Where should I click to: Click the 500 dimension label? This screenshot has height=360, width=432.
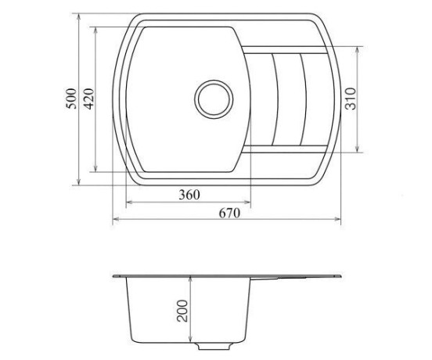tap(71, 99)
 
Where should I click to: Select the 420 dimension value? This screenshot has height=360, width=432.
tap(88, 99)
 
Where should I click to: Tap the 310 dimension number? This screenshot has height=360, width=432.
tap(351, 99)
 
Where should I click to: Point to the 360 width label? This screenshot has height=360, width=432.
tap(189, 195)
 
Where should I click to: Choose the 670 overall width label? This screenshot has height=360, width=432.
tap(230, 213)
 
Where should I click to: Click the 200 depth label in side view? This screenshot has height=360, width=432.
tap(182, 311)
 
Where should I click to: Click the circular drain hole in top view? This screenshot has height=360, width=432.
tap(214, 99)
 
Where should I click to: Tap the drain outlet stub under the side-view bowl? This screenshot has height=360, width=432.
tap(214, 346)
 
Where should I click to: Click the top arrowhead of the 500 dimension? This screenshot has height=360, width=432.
tap(78, 17)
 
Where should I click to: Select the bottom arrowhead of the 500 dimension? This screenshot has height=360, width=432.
tap(78, 182)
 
